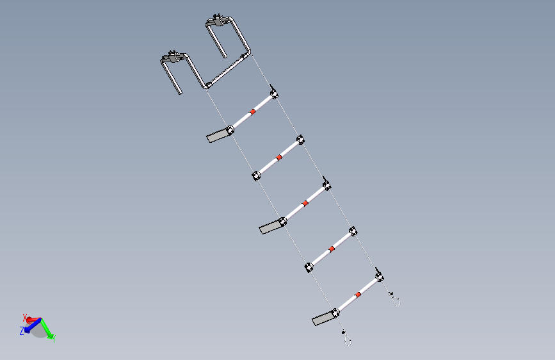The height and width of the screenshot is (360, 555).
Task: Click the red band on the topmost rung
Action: click(252, 111)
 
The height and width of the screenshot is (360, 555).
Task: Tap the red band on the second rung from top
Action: click(279, 158)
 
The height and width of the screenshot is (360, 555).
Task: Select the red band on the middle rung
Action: click(305, 203)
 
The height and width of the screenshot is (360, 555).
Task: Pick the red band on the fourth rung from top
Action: click(332, 249)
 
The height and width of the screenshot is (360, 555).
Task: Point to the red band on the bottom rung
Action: click(358, 295)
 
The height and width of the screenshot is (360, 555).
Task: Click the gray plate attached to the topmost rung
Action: click(217, 136)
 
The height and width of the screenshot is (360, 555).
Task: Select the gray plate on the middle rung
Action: click(270, 227)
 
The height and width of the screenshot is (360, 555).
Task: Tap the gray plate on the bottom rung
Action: click(323, 318)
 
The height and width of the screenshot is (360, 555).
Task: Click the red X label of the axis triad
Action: click(24, 317)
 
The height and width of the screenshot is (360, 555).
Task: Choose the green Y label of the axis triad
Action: click(54, 339)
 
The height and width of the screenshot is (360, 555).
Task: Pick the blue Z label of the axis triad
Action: click(22, 331)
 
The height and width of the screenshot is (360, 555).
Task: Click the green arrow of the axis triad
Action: click(47, 327)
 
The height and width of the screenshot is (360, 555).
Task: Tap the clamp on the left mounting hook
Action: click(172, 57)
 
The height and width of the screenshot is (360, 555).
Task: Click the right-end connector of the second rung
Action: click(300, 140)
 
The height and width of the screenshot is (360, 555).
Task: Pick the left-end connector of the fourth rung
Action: click(309, 267)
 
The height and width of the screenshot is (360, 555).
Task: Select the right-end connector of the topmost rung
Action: click(274, 94)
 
